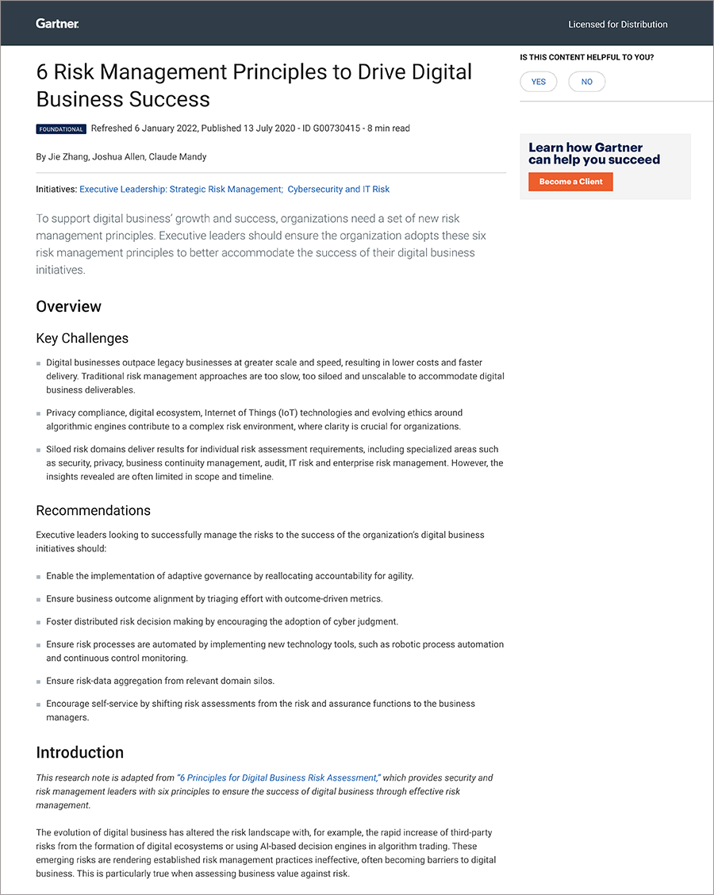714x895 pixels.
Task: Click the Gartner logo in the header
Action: coord(57,24)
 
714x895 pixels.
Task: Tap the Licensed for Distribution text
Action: coord(617,25)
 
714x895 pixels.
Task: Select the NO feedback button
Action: coord(586,82)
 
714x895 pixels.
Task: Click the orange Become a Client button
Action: coord(570,182)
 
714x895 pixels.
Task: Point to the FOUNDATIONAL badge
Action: coord(60,129)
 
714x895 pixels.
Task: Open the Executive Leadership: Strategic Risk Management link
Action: coord(181,190)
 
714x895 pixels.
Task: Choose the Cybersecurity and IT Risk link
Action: coord(338,190)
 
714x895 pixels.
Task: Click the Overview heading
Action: coord(69,306)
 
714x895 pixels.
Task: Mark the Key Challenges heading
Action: coord(82,338)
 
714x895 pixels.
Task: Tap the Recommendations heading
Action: coord(93,510)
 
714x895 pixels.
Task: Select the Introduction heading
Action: coord(80,752)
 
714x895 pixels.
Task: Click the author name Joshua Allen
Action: coord(118,157)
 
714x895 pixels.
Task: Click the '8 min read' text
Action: coord(389,129)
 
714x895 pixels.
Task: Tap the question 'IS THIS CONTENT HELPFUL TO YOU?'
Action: coord(586,57)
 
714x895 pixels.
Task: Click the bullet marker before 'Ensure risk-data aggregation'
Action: coord(39,682)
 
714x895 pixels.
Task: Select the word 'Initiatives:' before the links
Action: coord(56,190)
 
